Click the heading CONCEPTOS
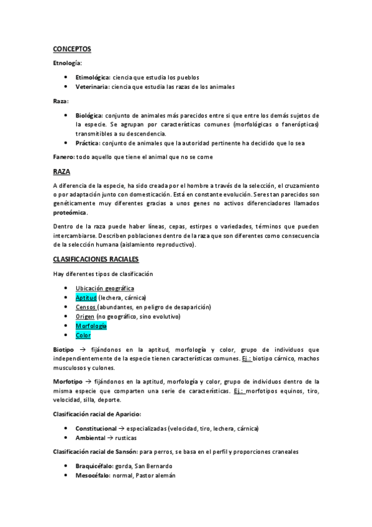(72, 48)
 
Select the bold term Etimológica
(93, 76)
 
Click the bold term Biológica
(89, 115)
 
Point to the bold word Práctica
(88, 143)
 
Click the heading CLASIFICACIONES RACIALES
(96, 259)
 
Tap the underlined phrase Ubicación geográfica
(104, 288)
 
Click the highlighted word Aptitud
(86, 298)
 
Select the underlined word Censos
(86, 307)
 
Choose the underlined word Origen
(85, 316)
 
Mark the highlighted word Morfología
(91, 326)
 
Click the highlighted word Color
(83, 336)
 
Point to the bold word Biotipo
(63, 350)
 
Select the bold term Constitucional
(96, 428)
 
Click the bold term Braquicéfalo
(94, 465)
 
